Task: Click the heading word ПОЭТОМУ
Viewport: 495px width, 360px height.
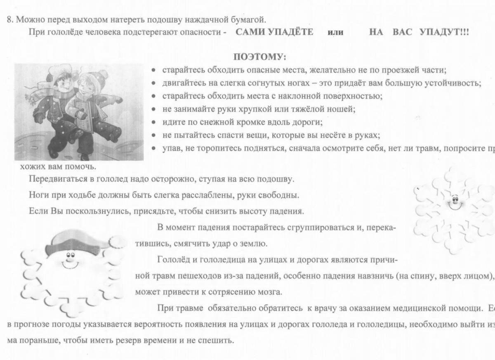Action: tap(259, 57)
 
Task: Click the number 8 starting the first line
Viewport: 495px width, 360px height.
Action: tap(9, 19)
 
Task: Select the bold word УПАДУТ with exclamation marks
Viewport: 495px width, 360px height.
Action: tap(444, 32)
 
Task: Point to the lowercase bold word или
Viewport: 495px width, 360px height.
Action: tap(335, 33)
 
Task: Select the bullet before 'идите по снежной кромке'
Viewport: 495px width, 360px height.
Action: tap(153, 123)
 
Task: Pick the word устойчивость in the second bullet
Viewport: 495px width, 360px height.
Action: tap(456, 83)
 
